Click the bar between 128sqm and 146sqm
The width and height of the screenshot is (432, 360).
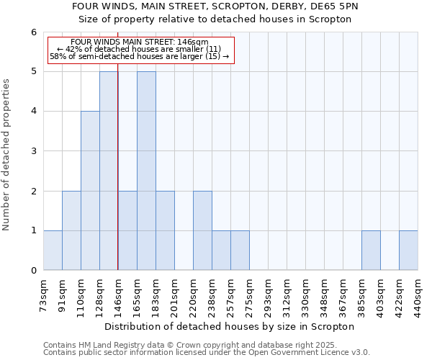pos(109,171)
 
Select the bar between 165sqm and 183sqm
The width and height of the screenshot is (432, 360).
pos(146,171)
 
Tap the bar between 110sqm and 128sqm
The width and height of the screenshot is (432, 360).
pos(90,191)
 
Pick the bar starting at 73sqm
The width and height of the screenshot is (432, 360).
pos(53,250)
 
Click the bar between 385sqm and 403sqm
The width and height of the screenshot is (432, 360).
pos(371,250)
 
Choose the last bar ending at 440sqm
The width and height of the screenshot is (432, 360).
pos(408,250)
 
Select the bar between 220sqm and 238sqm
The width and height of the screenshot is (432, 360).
pos(202,230)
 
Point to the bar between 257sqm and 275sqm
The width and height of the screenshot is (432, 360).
pos(240,250)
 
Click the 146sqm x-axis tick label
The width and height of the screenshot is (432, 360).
pos(118,295)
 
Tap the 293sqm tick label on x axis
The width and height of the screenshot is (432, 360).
pos(268,295)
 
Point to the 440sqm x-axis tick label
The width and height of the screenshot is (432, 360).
pos(418,295)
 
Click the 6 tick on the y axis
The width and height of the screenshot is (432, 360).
pos(33,32)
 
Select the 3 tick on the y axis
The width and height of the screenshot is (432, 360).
pos(33,151)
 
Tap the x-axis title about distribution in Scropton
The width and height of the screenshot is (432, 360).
pos(230,326)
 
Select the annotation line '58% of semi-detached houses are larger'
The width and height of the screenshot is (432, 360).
pos(139,56)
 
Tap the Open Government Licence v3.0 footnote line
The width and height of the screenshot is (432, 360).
pos(207,353)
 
